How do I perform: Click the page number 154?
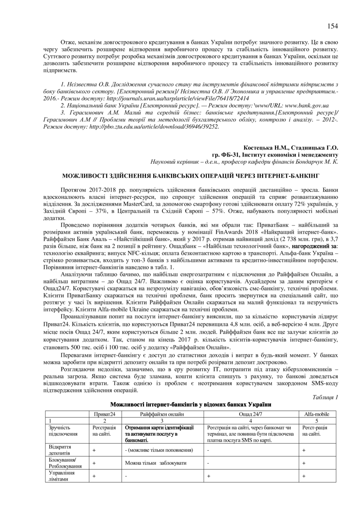click(332, 26)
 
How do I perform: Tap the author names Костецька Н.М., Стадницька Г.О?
click(291, 147)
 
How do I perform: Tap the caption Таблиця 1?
click(325, 397)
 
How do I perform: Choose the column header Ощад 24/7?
click(251, 414)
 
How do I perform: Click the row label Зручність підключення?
click(60, 431)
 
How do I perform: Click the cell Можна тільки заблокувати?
click(155, 463)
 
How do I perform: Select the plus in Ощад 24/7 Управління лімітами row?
click(208, 476)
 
